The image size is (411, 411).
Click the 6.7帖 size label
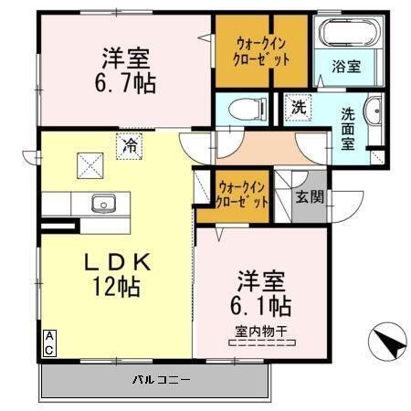[x=126, y=83]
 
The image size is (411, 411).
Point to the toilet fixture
[x=246, y=107]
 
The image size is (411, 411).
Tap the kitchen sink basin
[x=100, y=203]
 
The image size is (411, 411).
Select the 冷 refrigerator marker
[x=131, y=143]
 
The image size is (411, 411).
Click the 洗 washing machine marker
[x=299, y=106]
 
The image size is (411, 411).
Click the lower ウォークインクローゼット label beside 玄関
[x=243, y=194]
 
